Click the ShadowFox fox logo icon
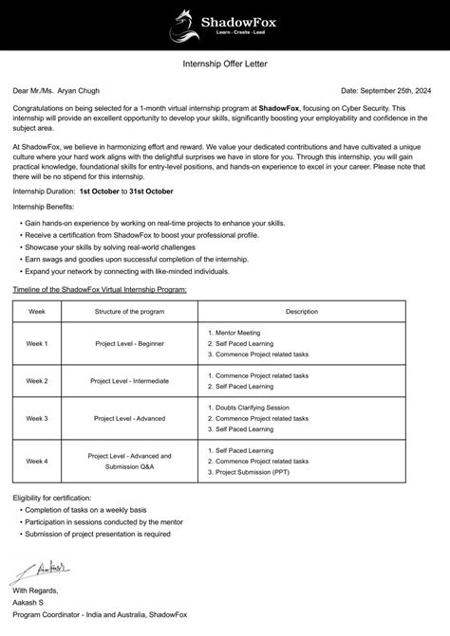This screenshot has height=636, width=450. [184, 25]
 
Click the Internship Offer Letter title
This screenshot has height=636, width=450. [224, 64]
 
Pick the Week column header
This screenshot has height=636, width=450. [37, 311]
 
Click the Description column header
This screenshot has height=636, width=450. [302, 311]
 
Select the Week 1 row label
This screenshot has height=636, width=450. [37, 343]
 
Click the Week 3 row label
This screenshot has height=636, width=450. [37, 417]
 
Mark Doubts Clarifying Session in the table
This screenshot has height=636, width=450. [253, 408]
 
